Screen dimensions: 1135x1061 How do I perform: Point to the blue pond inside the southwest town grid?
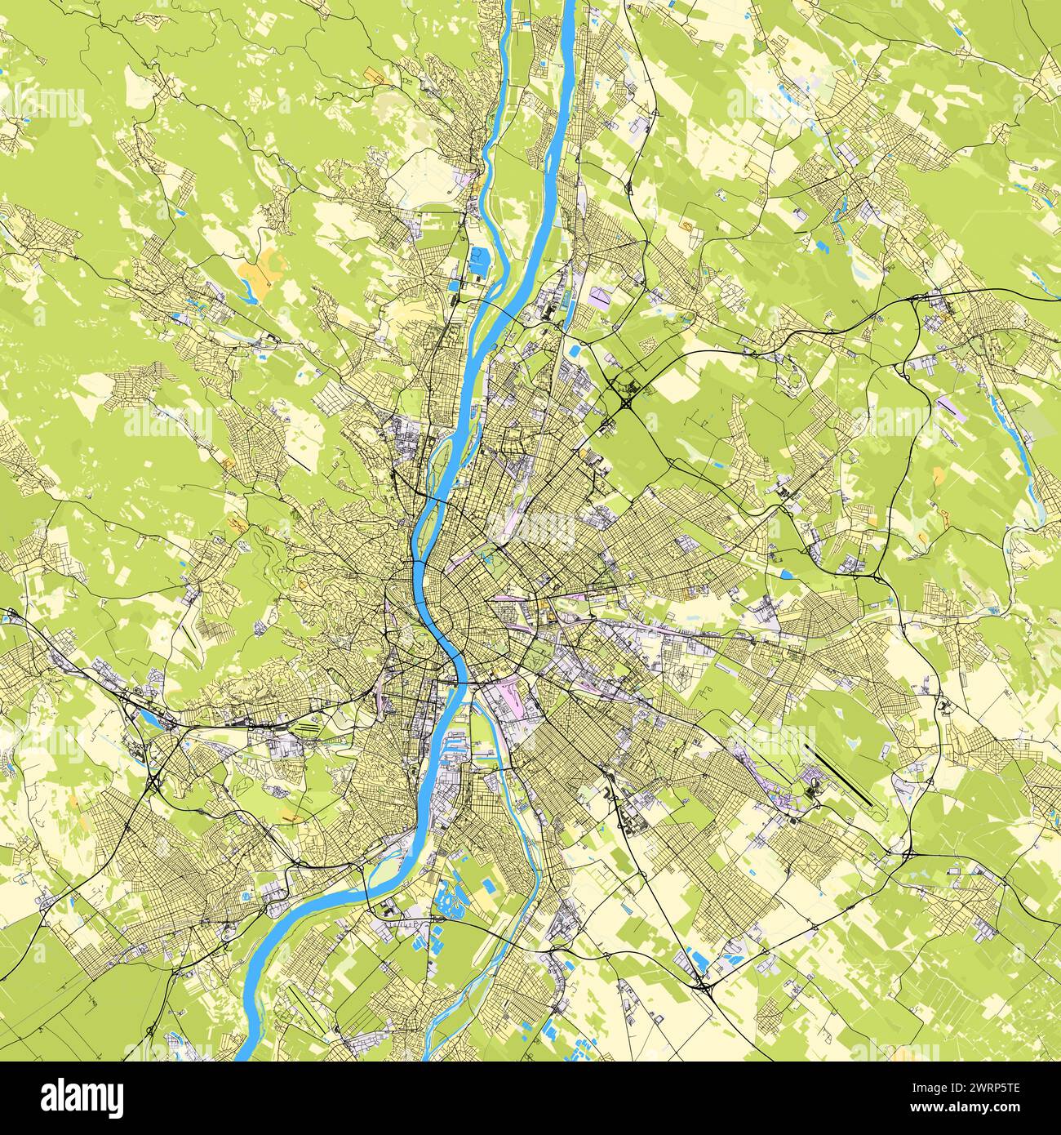(x=73, y=902)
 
